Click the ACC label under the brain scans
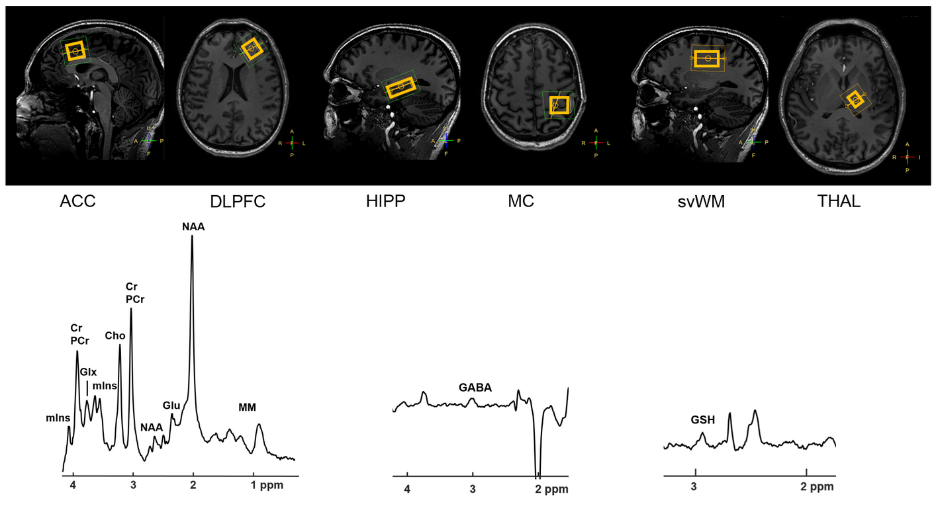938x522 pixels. click(77, 202)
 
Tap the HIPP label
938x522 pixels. click(385, 202)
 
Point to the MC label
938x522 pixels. click(521, 202)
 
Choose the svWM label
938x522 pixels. click(701, 202)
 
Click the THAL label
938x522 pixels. click(839, 202)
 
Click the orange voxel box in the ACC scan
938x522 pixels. click(77, 51)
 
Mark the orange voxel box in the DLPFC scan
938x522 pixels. click(251, 48)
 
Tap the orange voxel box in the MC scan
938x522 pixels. click(559, 105)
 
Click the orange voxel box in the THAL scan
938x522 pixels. click(855, 100)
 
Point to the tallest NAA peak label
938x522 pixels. click(193, 227)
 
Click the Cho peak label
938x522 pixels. click(115, 335)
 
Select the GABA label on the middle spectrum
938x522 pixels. click(475, 388)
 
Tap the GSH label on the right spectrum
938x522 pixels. click(702, 419)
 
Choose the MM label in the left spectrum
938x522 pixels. click(247, 407)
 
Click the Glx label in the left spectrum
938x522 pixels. click(88, 372)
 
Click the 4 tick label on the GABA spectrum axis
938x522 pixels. click(407, 489)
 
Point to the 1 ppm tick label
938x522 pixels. click(267, 485)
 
